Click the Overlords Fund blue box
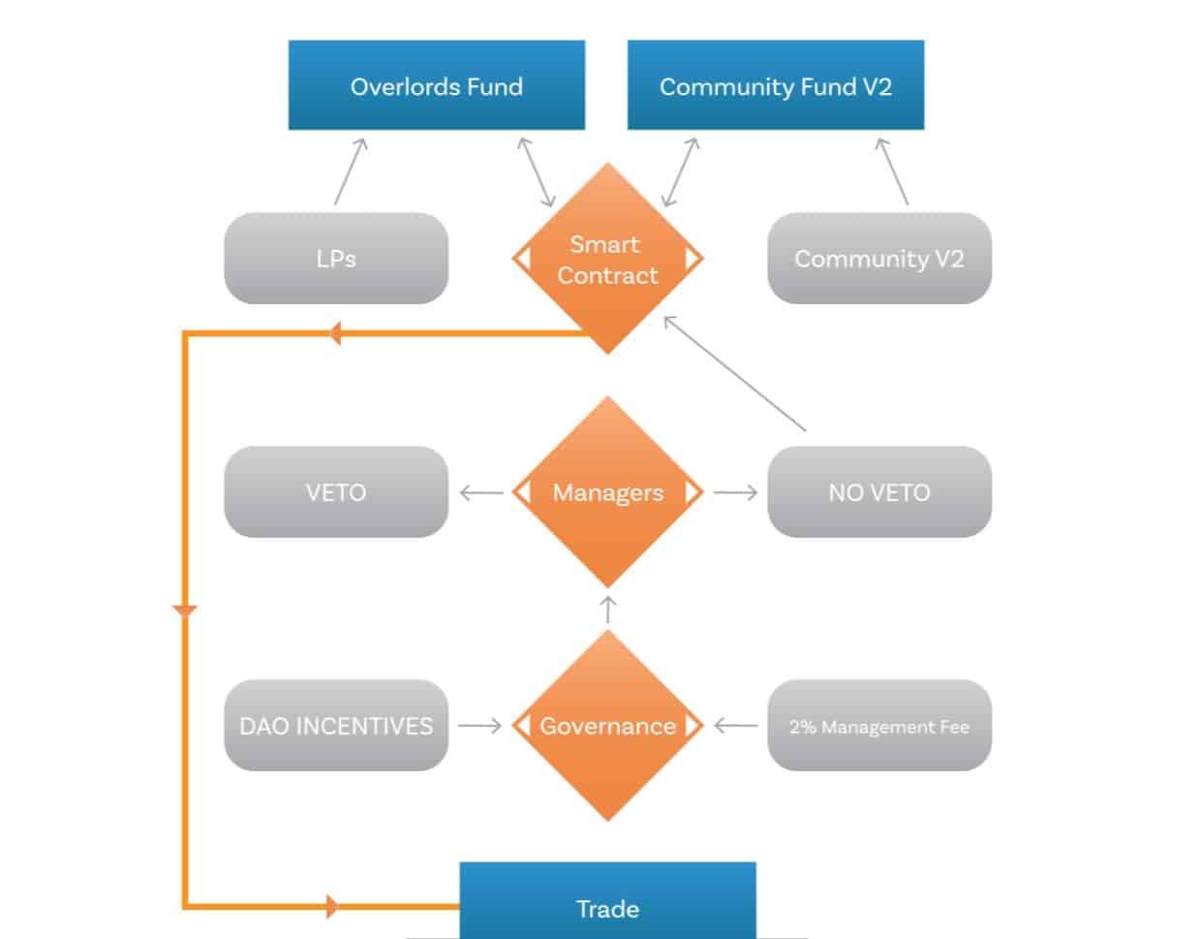tap(436, 85)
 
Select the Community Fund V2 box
tap(775, 85)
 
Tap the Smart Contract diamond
tap(607, 259)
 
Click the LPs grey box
tap(336, 259)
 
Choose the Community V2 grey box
tap(878, 259)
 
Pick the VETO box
tap(336, 492)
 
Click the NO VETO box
tap(878, 492)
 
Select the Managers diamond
tap(607, 492)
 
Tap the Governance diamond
tap(607, 726)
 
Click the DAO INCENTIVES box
tap(336, 726)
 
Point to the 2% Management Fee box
tap(878, 726)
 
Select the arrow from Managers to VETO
tap(480, 493)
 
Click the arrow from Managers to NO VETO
tap(735, 493)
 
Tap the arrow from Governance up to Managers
tap(608, 610)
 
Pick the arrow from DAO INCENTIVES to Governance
tap(479, 726)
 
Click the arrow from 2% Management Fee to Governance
tap(736, 726)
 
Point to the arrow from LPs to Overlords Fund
tap(351, 172)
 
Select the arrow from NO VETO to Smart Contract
tap(735, 374)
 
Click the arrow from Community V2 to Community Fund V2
tap(893, 172)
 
